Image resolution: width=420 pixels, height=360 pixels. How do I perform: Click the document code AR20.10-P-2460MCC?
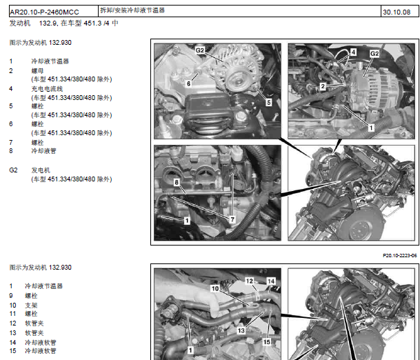pos(44,12)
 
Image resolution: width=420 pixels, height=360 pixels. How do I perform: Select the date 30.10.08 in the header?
pos(397,12)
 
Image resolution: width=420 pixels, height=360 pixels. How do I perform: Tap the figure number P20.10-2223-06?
pos(399,256)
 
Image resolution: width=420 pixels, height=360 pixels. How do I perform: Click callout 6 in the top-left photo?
pos(188,83)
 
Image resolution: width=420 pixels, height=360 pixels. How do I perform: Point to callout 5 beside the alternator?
pos(269,102)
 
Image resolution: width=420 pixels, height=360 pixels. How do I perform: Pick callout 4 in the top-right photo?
pos(353,52)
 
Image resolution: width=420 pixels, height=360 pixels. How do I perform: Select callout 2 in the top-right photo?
pos(323,86)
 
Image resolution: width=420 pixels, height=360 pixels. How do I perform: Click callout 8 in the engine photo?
pos(177,182)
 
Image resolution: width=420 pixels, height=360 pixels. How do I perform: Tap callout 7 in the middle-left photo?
pos(232,219)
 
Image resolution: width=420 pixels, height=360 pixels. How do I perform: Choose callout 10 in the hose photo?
pos(215,288)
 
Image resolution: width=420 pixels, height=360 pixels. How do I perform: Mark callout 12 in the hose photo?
pos(250,281)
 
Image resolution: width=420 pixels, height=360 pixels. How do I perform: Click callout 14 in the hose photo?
pos(271,281)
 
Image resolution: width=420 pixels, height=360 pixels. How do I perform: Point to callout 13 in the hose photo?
pos(241,330)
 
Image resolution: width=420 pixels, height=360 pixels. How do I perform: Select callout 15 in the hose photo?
pos(266,342)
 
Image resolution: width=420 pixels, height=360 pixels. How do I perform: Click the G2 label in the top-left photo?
pos(200,50)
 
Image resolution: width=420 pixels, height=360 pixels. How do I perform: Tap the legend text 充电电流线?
pos(47,89)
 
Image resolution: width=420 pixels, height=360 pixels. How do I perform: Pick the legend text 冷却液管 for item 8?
pos(43,151)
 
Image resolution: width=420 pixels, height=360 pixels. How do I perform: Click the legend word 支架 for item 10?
pos(31,306)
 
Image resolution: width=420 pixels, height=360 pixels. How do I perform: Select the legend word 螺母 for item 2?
pos(37,71)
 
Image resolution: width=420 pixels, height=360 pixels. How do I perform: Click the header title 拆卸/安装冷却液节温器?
pos(132,10)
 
